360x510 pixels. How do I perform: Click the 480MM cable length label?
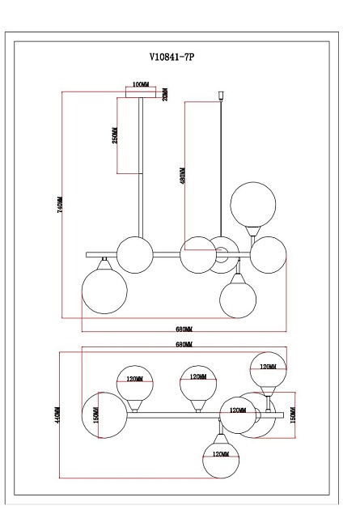[x=183, y=176]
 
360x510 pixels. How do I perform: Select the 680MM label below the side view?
[x=184, y=329]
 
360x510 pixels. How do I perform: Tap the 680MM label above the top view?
[x=184, y=345]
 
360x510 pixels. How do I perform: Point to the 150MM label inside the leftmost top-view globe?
[x=95, y=414]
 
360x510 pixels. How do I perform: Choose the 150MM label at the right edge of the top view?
[x=293, y=414]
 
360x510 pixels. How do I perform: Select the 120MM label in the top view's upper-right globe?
[x=265, y=366]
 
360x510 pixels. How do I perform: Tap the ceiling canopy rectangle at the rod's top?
[x=142, y=94]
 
